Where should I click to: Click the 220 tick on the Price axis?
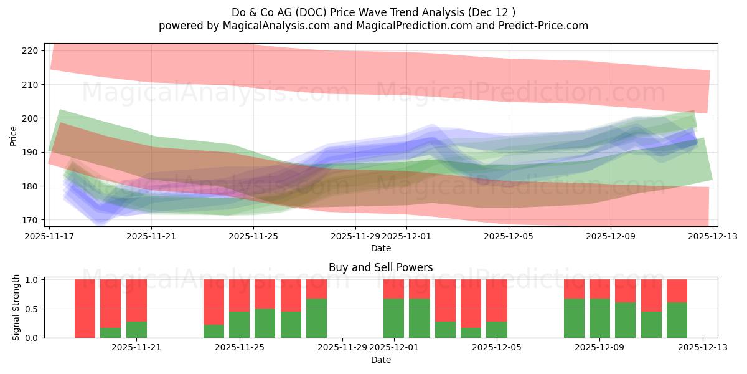[30, 50]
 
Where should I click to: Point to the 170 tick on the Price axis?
[30, 220]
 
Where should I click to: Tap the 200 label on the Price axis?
[30, 118]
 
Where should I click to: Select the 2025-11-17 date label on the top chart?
[49, 237]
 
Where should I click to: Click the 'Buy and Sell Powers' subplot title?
[380, 267]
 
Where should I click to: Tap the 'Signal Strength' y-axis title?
[16, 308]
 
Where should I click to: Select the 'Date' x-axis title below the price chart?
[380, 248]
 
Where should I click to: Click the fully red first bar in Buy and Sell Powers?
[85, 309]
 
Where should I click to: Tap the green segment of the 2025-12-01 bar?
[393, 318]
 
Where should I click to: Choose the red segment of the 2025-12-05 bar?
[496, 300]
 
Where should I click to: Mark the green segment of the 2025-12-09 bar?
[599, 318]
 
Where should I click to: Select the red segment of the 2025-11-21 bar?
[136, 300]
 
